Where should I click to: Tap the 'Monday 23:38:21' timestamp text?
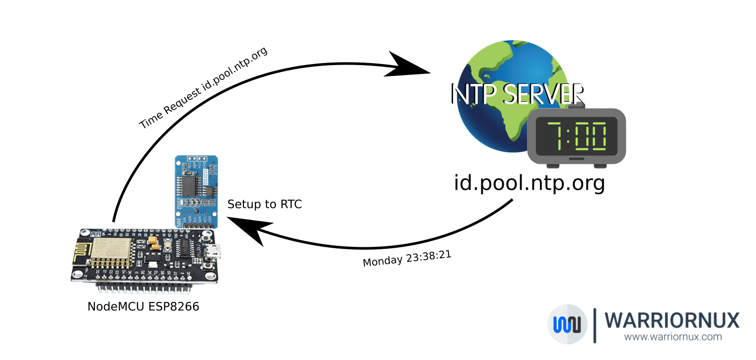(x=407, y=258)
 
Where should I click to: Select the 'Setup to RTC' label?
(x=264, y=204)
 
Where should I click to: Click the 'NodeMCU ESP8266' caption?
(x=143, y=306)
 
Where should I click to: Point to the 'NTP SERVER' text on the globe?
(x=517, y=93)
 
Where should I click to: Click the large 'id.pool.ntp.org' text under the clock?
(x=529, y=183)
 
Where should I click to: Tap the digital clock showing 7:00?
(x=576, y=136)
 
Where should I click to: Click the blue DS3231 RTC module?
(x=196, y=191)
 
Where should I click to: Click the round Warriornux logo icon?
(x=567, y=324)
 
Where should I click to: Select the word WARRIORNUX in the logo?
(x=673, y=320)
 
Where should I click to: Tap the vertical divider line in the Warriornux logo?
(x=595, y=325)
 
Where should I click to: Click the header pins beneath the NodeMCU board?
(x=144, y=288)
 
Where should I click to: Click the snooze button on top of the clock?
(x=576, y=105)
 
